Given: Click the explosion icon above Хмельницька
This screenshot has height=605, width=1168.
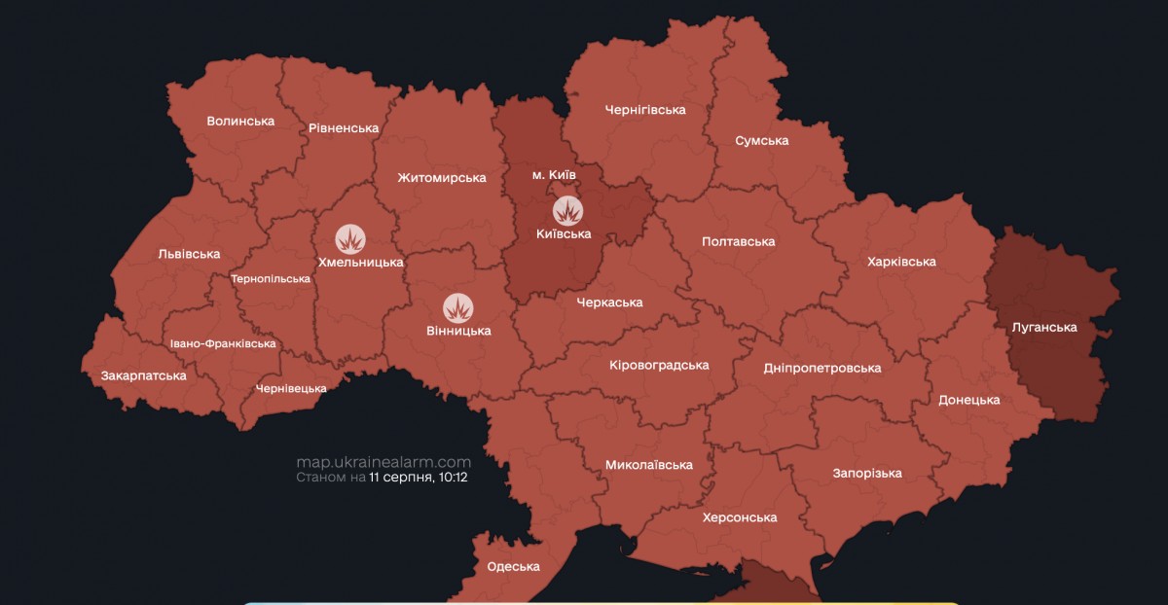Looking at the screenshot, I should pos(350,238).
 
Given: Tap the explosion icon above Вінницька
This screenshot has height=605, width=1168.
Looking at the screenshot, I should pos(458,307).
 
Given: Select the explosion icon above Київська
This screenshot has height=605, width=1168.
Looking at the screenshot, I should pos(566,209).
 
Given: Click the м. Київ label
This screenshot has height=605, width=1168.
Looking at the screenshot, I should pos(554,174).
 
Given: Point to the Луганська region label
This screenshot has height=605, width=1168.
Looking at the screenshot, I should pos(1044,327).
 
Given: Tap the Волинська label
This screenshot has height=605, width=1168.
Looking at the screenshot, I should pos(240,122).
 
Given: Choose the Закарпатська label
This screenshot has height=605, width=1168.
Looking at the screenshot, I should pos(144,374).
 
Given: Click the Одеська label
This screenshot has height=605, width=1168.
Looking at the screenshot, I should pos(513,567).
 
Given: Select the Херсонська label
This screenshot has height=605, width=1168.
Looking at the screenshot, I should pos(740,517).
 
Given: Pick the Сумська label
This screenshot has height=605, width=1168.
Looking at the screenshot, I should pos(761,141).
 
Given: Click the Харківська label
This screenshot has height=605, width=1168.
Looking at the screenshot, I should pos(902,262).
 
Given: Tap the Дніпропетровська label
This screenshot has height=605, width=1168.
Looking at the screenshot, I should pos(822,368).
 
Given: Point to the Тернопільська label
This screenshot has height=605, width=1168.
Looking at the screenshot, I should pos(271,278).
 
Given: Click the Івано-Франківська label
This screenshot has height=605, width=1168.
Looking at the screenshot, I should pos(223,343).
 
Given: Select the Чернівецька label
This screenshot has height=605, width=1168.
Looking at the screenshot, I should pos(290,388).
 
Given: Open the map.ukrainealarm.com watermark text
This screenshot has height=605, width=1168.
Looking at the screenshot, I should pos(383,462).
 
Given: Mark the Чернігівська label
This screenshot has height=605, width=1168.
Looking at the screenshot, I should pos(644,110).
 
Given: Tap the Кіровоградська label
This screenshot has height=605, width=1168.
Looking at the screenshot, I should pos(659,365).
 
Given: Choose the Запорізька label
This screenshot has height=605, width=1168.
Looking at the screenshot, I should pos(866,473).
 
